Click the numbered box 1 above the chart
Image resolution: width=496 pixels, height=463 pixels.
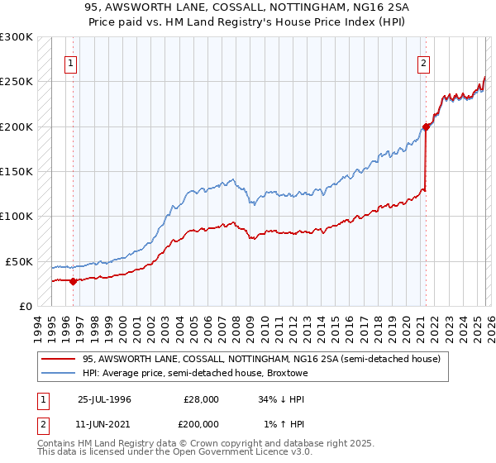click(x=70, y=63)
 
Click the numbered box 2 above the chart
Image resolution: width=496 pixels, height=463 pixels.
click(x=423, y=63)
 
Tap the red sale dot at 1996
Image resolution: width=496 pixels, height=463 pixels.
click(x=73, y=281)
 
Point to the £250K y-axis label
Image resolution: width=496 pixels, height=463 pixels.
click(x=17, y=82)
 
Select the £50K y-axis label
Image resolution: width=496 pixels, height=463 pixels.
click(x=20, y=261)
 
